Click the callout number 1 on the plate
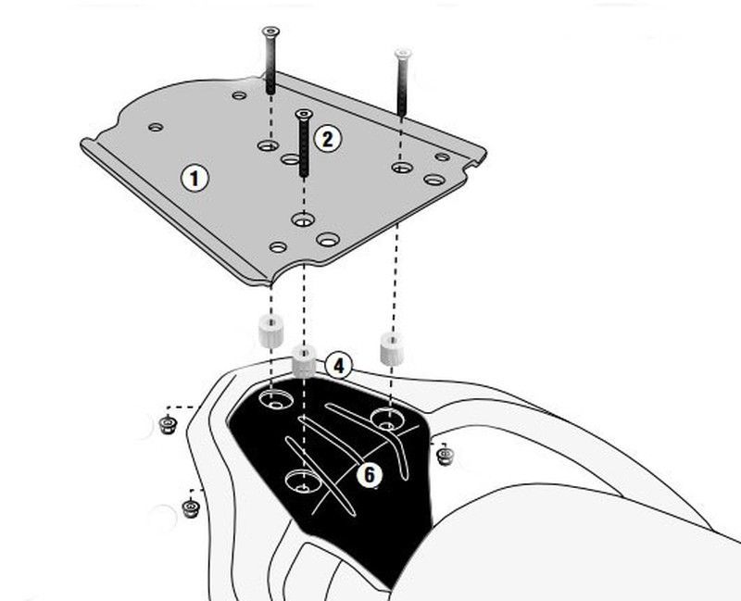click(x=194, y=177)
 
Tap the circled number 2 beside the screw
click(x=327, y=139)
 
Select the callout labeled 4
click(x=339, y=367)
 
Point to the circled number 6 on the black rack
click(x=368, y=475)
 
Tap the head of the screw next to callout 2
click(x=302, y=115)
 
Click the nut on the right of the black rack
click(x=446, y=455)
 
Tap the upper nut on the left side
click(x=169, y=424)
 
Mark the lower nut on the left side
click(x=191, y=508)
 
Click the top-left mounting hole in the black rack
click(x=275, y=401)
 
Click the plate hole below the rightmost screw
click(x=401, y=168)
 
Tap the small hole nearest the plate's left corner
click(x=156, y=127)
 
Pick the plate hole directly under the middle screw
click(x=302, y=220)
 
